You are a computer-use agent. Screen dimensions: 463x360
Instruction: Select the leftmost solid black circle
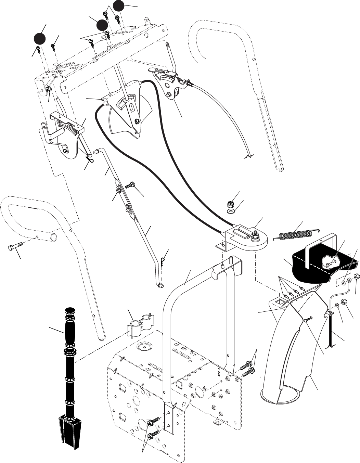click(x=39, y=38)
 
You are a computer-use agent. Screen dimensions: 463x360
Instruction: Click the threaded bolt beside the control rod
click(x=130, y=186)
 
